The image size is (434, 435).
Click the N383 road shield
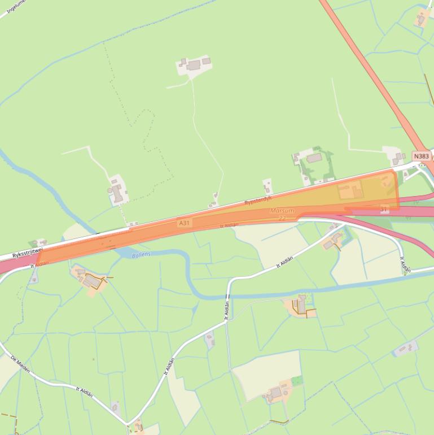point(421,156)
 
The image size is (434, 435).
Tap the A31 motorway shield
point(184,223)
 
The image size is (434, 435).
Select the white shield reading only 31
point(384,209)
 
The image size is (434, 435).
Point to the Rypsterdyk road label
point(258,201)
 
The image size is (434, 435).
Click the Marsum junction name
point(282,211)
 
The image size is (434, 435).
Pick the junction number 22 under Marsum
point(282,217)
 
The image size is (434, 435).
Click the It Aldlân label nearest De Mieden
point(85,392)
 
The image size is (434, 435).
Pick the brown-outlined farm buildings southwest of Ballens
point(90,279)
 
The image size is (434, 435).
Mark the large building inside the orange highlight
point(350,190)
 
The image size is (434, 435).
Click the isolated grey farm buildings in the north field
point(195,65)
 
